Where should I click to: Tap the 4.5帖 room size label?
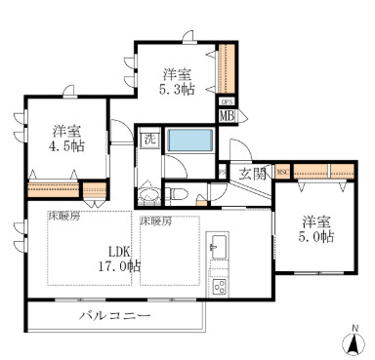pos(65,146)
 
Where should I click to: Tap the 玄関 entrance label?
pos(251,174)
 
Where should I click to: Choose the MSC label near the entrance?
pos(283,173)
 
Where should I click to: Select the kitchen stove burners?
pos(218,286)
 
